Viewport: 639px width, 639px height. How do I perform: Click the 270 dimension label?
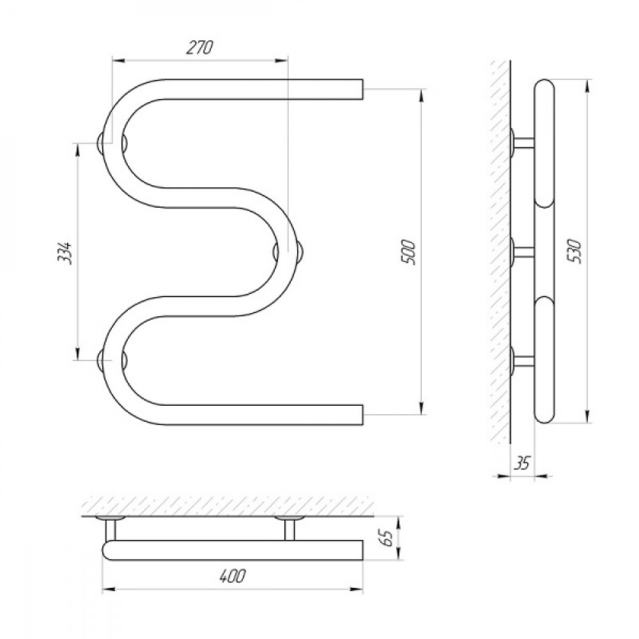199,48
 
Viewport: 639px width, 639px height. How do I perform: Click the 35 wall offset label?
523,463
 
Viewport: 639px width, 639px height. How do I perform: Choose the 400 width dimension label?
233,576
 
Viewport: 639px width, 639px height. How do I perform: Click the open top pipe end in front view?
362,89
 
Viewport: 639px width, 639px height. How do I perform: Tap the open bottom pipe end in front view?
362,415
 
